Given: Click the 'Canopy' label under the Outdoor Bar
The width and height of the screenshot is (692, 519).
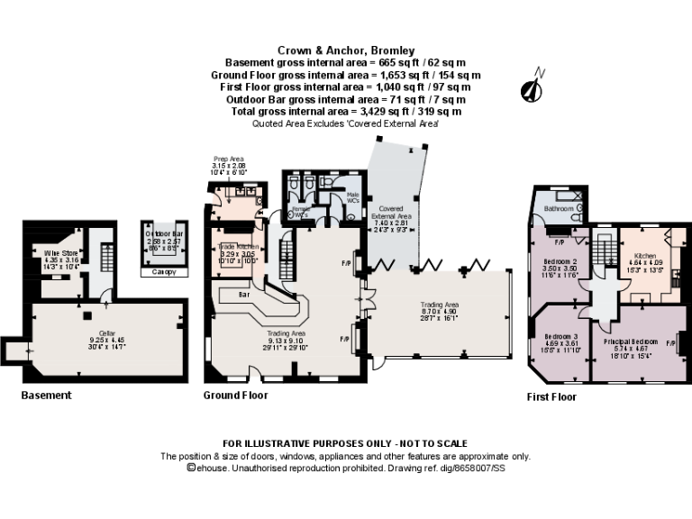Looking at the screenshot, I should [163, 271].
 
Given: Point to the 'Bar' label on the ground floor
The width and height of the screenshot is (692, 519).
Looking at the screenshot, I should [242, 295].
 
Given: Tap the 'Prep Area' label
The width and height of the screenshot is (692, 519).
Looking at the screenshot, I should [228, 159].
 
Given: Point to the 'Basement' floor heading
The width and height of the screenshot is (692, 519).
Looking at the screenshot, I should [46, 396].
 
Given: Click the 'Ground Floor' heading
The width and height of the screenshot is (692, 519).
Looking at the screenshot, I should [236, 396].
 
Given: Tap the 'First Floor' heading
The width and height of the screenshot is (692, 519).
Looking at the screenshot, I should [551, 396].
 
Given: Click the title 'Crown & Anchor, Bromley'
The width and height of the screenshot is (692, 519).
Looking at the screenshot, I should [346, 51].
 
